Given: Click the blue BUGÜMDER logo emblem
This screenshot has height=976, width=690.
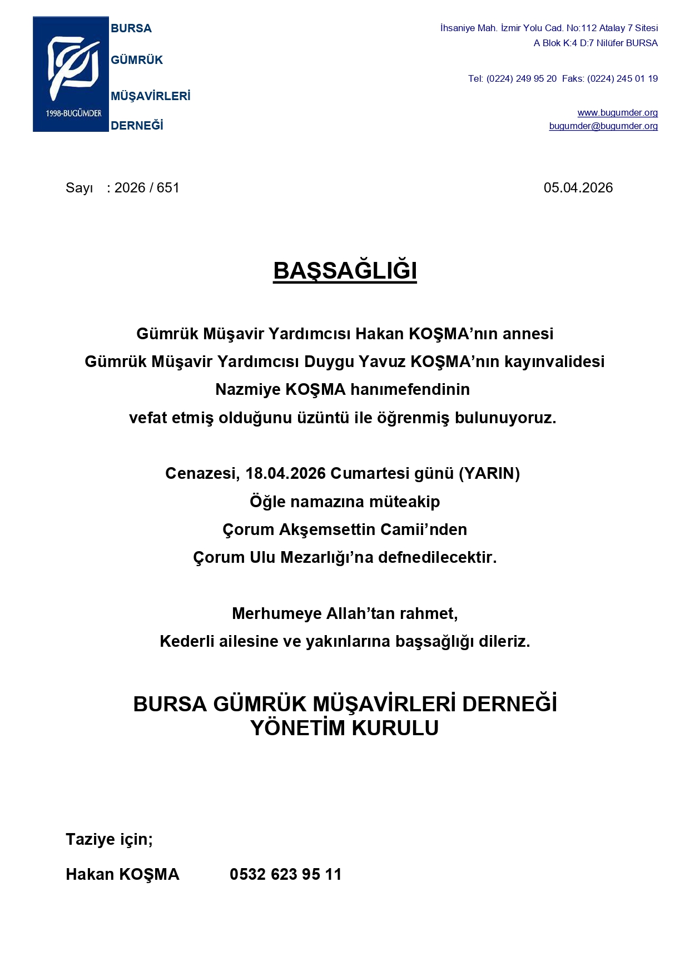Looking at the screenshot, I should (x=71, y=74).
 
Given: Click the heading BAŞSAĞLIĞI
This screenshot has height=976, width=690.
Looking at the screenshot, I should (x=345, y=271).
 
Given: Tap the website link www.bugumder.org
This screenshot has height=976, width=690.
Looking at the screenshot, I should (x=617, y=113).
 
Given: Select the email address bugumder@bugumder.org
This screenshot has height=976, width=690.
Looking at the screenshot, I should (x=603, y=126).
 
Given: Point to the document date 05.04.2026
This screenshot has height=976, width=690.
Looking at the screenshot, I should (x=578, y=188).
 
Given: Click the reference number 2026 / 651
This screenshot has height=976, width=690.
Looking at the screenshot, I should (x=147, y=188).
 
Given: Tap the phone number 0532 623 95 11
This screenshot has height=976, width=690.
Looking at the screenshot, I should (x=285, y=874).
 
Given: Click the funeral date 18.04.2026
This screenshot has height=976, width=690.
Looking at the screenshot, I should (x=285, y=473).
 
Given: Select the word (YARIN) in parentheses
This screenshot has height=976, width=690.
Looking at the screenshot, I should (x=489, y=473).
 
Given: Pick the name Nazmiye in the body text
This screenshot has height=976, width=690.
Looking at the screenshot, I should (x=248, y=389).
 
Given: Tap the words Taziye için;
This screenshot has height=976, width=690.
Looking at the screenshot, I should (x=109, y=839).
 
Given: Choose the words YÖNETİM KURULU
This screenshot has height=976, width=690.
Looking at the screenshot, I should (x=345, y=728).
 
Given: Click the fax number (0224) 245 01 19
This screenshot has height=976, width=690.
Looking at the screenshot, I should (x=622, y=79).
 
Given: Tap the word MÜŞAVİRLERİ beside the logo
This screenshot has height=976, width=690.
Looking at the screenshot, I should (x=150, y=96).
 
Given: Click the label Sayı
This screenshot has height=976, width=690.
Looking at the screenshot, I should (x=79, y=188).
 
